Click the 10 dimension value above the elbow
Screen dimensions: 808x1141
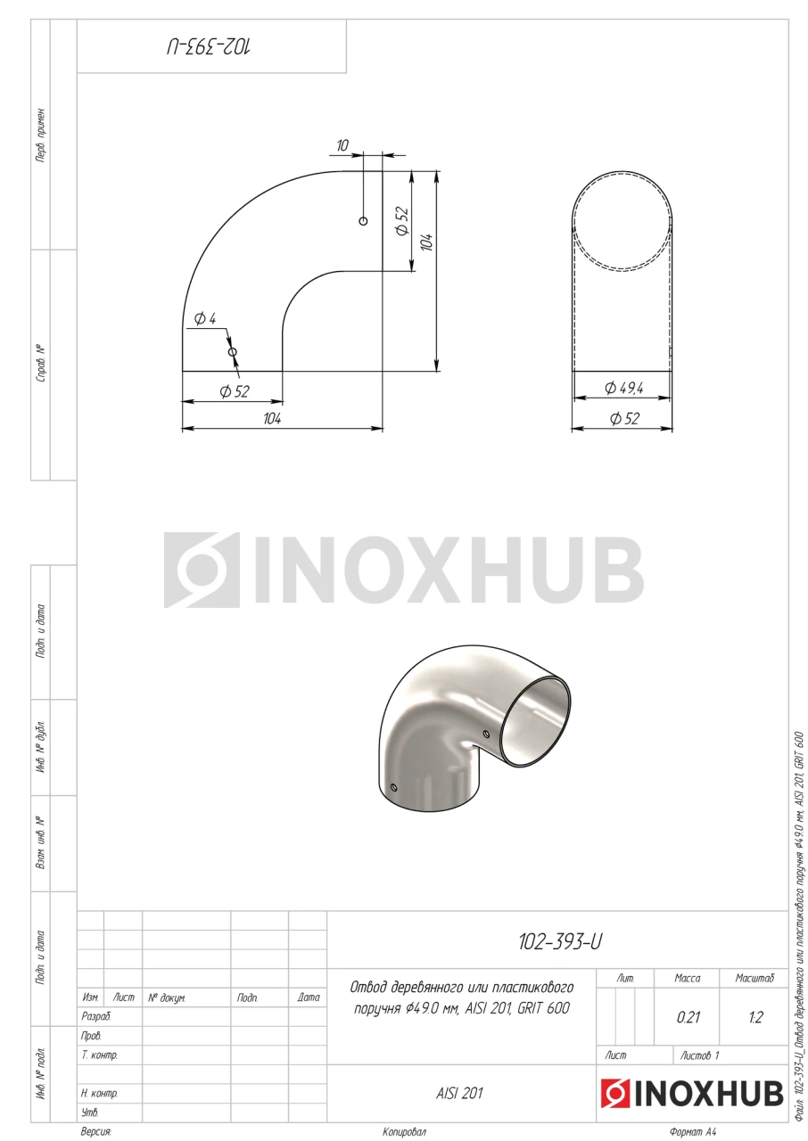pyautogui.click(x=342, y=145)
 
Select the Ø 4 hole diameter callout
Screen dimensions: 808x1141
pyautogui.click(x=205, y=319)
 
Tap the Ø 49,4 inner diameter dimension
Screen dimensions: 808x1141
pyautogui.click(x=624, y=388)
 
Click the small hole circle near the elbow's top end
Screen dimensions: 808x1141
pyautogui.click(x=363, y=220)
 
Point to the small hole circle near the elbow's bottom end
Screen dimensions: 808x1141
pyautogui.click(x=233, y=351)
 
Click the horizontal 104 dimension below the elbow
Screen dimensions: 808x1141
pyautogui.click(x=273, y=419)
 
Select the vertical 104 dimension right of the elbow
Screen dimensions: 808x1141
pyautogui.click(x=427, y=242)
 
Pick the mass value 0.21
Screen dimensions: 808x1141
pyautogui.click(x=688, y=1017)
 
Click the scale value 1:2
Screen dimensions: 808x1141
pyautogui.click(x=755, y=1017)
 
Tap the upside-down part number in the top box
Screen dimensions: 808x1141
pyautogui.click(x=209, y=47)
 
